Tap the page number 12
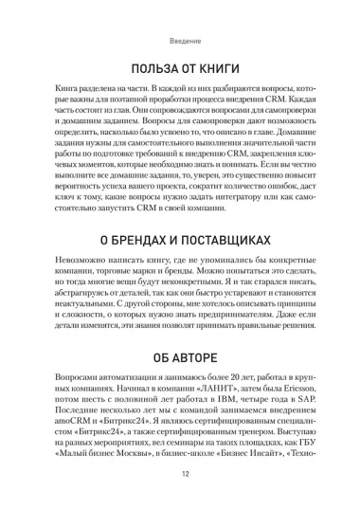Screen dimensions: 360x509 coord(180,480)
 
